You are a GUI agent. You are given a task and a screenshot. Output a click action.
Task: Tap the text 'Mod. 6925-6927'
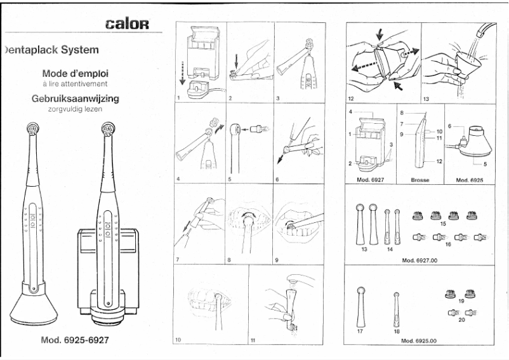pyautogui.click(x=74, y=339)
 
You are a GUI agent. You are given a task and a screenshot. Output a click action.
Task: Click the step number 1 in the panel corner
pyautogui.click(x=179, y=98)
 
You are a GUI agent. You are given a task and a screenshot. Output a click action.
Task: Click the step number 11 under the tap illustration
pyautogui.click(x=253, y=340)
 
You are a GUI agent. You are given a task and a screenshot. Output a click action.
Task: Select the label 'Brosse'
pyautogui.click(x=420, y=180)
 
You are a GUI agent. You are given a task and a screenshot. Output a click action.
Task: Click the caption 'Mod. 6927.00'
pyautogui.click(x=420, y=260)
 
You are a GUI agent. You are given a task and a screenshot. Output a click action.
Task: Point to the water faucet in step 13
pyautogui.click(x=486, y=29)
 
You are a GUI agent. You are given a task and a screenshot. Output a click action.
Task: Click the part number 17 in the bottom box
pyautogui.click(x=360, y=331)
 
